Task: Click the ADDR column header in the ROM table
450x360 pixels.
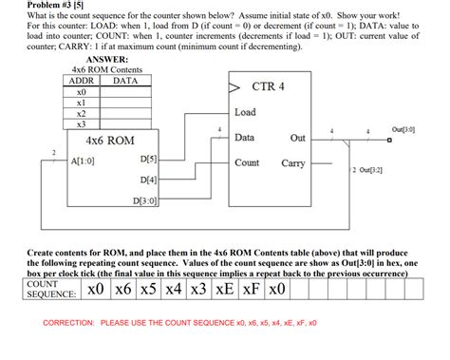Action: pos(81,81)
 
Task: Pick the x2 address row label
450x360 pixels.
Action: pos(81,112)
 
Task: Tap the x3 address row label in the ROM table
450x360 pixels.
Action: pos(81,123)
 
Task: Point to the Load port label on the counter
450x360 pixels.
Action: pos(245,113)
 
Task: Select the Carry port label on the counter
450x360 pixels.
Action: pos(293,162)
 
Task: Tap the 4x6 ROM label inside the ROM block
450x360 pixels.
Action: pos(109,141)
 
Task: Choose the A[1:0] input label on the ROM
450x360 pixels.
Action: pos(83,160)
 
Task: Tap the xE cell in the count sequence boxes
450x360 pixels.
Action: pos(226,289)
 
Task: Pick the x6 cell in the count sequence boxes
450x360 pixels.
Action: pos(122,289)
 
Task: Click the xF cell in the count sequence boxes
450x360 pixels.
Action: pos(252,289)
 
